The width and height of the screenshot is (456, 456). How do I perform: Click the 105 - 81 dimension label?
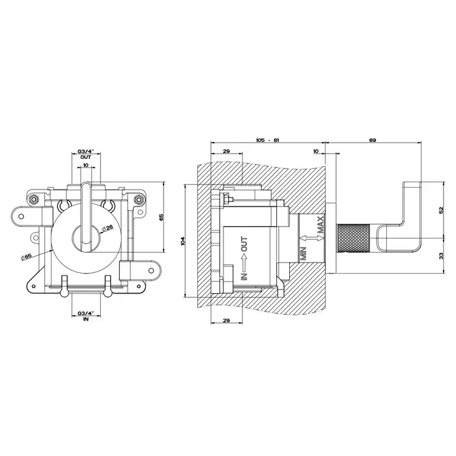click(267, 140)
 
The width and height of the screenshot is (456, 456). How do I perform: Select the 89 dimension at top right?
click(373, 140)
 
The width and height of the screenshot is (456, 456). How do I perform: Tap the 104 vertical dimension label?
click(182, 241)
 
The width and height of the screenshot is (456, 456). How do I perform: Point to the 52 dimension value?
click(441, 210)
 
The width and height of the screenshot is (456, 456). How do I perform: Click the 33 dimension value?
click(441, 256)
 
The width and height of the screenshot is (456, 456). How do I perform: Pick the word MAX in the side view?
click(321, 225)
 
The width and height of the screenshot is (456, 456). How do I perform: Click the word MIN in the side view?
click(304, 253)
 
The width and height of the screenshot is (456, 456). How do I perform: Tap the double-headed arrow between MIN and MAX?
click(311, 238)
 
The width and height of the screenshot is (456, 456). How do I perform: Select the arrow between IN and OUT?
click(244, 259)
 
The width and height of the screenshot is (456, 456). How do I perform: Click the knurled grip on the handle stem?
click(353, 238)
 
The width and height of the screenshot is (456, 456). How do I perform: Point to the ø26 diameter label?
click(107, 228)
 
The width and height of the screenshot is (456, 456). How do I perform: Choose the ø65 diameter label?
click(26, 257)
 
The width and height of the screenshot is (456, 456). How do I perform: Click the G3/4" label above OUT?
click(86, 152)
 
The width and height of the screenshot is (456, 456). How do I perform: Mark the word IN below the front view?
click(86, 319)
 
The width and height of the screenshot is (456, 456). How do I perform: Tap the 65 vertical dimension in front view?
click(162, 217)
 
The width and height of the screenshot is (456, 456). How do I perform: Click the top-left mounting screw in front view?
click(34, 199)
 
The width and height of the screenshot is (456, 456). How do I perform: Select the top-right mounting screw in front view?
click(139, 199)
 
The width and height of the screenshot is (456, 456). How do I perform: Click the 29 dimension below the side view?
click(226, 321)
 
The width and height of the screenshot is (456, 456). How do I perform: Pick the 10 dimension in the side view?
click(316, 151)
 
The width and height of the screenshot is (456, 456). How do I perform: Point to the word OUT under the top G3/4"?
click(86, 157)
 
